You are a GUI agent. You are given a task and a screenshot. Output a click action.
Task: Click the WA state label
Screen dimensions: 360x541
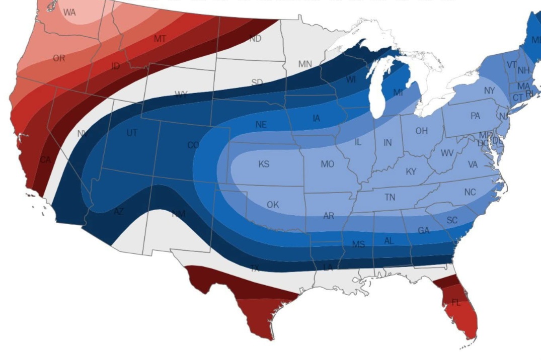[x=69, y=13]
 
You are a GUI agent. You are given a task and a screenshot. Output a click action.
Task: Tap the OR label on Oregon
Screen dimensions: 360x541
[x=59, y=58]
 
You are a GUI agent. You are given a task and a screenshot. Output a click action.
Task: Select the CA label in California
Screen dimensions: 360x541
[x=45, y=159]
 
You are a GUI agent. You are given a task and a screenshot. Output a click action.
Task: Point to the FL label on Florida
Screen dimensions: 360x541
[x=456, y=303]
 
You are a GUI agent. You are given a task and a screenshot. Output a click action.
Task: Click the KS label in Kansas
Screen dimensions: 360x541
[x=264, y=164]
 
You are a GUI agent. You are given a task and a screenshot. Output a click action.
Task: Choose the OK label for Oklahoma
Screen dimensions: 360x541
[x=273, y=205]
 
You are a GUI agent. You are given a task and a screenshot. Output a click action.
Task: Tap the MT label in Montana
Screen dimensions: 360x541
[x=160, y=39]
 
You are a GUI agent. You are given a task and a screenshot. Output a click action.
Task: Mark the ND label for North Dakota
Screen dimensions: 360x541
[x=255, y=39]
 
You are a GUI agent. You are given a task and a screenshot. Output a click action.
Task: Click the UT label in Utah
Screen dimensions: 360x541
[x=131, y=133]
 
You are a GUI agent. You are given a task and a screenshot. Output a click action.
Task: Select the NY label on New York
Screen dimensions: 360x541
[x=489, y=91]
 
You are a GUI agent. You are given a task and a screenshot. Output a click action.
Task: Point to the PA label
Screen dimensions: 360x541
[x=475, y=116]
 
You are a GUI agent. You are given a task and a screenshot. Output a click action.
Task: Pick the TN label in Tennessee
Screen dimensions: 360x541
[x=390, y=198]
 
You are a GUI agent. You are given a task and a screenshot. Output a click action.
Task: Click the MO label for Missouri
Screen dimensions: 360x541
[x=327, y=164]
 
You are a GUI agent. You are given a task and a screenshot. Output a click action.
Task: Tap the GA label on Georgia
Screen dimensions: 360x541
[x=424, y=230]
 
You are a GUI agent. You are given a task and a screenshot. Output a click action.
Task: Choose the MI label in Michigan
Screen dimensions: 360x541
[x=398, y=93]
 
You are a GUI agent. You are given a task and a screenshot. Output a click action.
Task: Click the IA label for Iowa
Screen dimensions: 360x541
[x=316, y=119]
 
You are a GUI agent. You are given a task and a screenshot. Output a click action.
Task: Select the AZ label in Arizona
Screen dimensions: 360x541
[x=118, y=212]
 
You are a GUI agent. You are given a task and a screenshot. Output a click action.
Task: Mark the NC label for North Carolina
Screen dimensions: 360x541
[x=470, y=193]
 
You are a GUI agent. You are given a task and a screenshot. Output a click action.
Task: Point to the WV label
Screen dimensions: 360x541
[x=447, y=153]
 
